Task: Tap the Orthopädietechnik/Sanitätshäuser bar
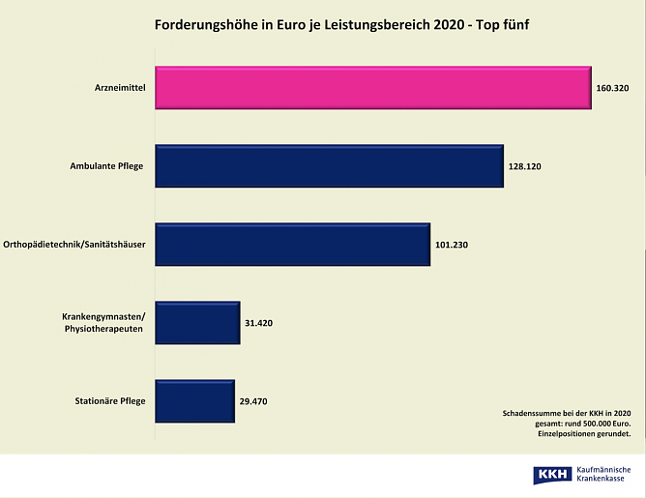[x=292, y=245]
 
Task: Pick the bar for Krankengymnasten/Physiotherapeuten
[x=197, y=323]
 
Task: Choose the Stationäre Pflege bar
[x=194, y=401]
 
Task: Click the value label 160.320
[x=613, y=88]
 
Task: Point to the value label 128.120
[x=524, y=166]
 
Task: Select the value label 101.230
[x=452, y=245]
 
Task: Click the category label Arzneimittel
[x=118, y=88]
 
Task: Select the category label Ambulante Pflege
[x=106, y=166]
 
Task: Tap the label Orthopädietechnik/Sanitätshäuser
[x=75, y=245]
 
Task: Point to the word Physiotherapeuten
[x=103, y=330]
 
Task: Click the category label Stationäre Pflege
[x=109, y=401]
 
